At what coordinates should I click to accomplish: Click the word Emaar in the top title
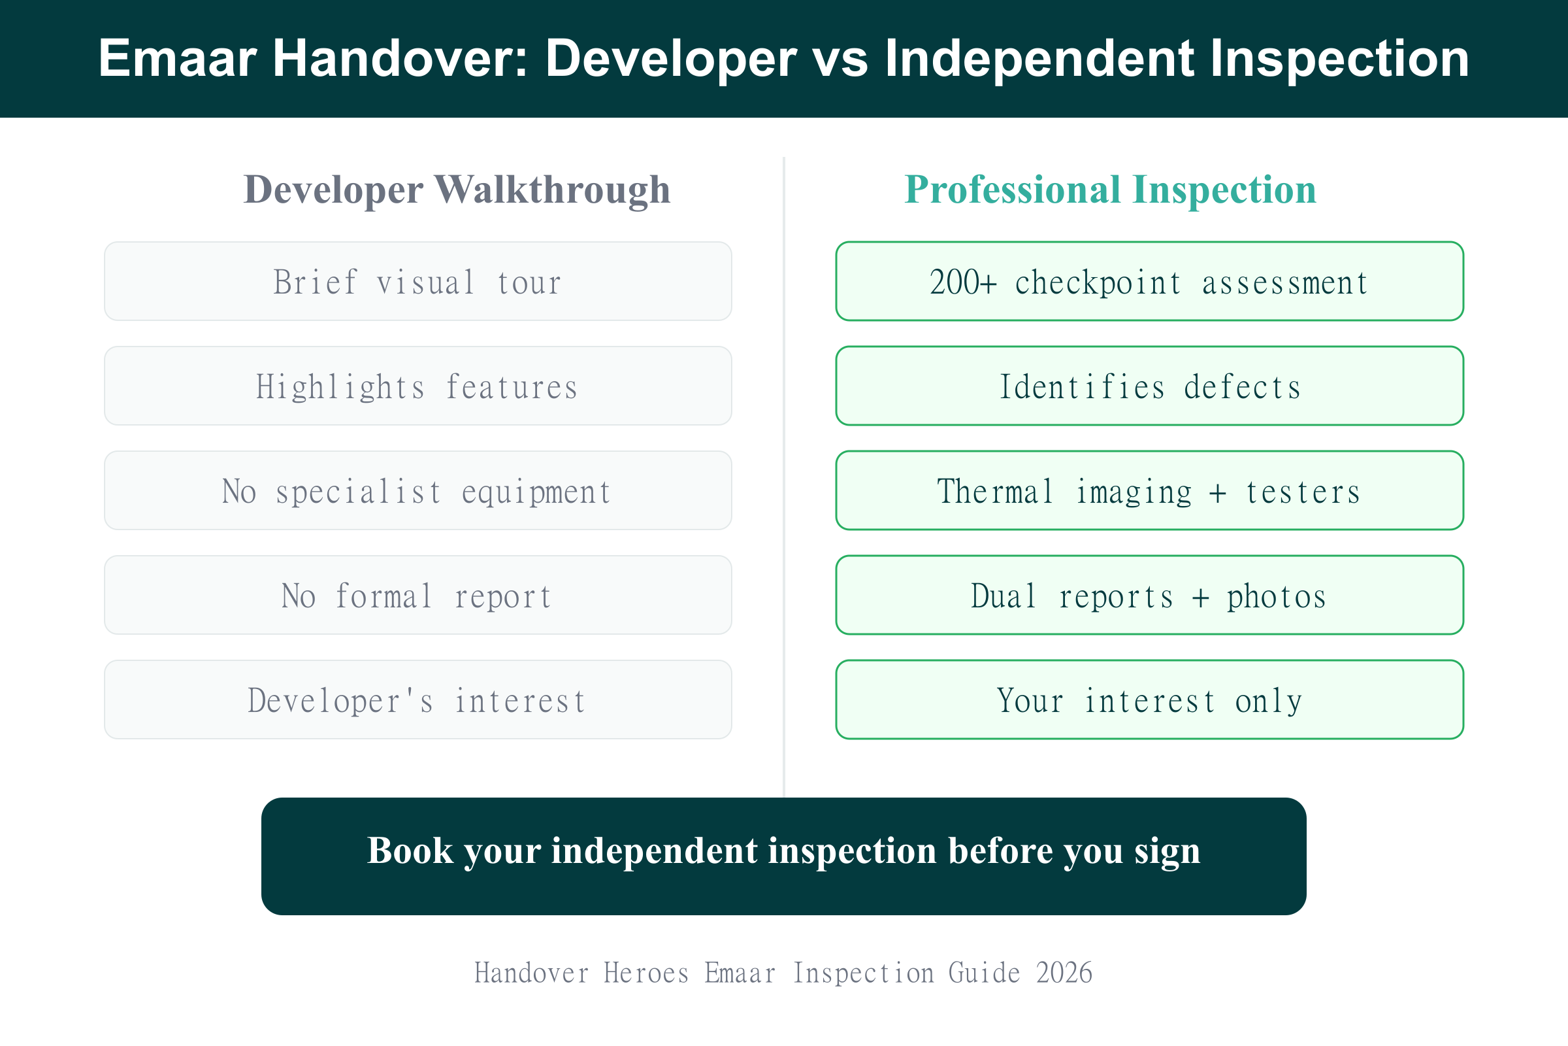[x=177, y=59]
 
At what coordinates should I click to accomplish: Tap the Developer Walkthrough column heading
[x=457, y=190]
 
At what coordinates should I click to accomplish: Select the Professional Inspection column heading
[x=1110, y=190]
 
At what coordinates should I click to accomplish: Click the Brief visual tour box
[x=418, y=282]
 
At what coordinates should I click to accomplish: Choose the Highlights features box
[x=418, y=386]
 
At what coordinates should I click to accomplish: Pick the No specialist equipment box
[x=418, y=491]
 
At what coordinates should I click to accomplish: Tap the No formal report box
[x=418, y=596]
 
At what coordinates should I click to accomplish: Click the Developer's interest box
[x=418, y=700]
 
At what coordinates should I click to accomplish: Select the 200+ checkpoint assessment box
[x=1149, y=282]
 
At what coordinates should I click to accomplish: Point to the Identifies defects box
[x=1149, y=386]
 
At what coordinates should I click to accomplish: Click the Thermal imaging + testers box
[x=1149, y=491]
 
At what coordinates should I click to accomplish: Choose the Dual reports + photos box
[x=1149, y=596]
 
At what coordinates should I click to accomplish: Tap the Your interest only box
[x=1149, y=700]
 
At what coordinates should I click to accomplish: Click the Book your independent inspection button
[x=784, y=856]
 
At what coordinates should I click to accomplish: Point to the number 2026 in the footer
[x=1064, y=973]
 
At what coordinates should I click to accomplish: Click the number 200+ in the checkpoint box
[x=962, y=282]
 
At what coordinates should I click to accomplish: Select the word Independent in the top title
[x=1040, y=59]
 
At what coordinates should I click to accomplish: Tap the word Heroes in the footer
[x=646, y=973]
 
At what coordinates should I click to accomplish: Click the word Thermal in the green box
[x=994, y=492]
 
